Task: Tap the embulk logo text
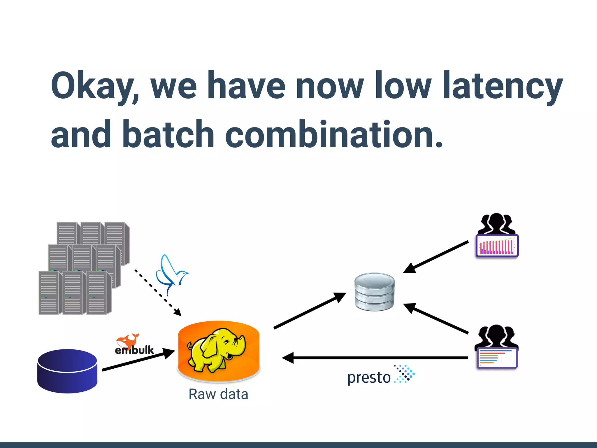point(134,350)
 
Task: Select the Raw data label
point(218,394)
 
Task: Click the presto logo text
point(369,378)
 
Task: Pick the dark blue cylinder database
point(67,371)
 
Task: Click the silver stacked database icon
point(374,292)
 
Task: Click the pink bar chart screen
point(497,246)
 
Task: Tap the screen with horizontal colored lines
point(497,358)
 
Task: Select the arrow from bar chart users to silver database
point(436,257)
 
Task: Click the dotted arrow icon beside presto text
point(405,374)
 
